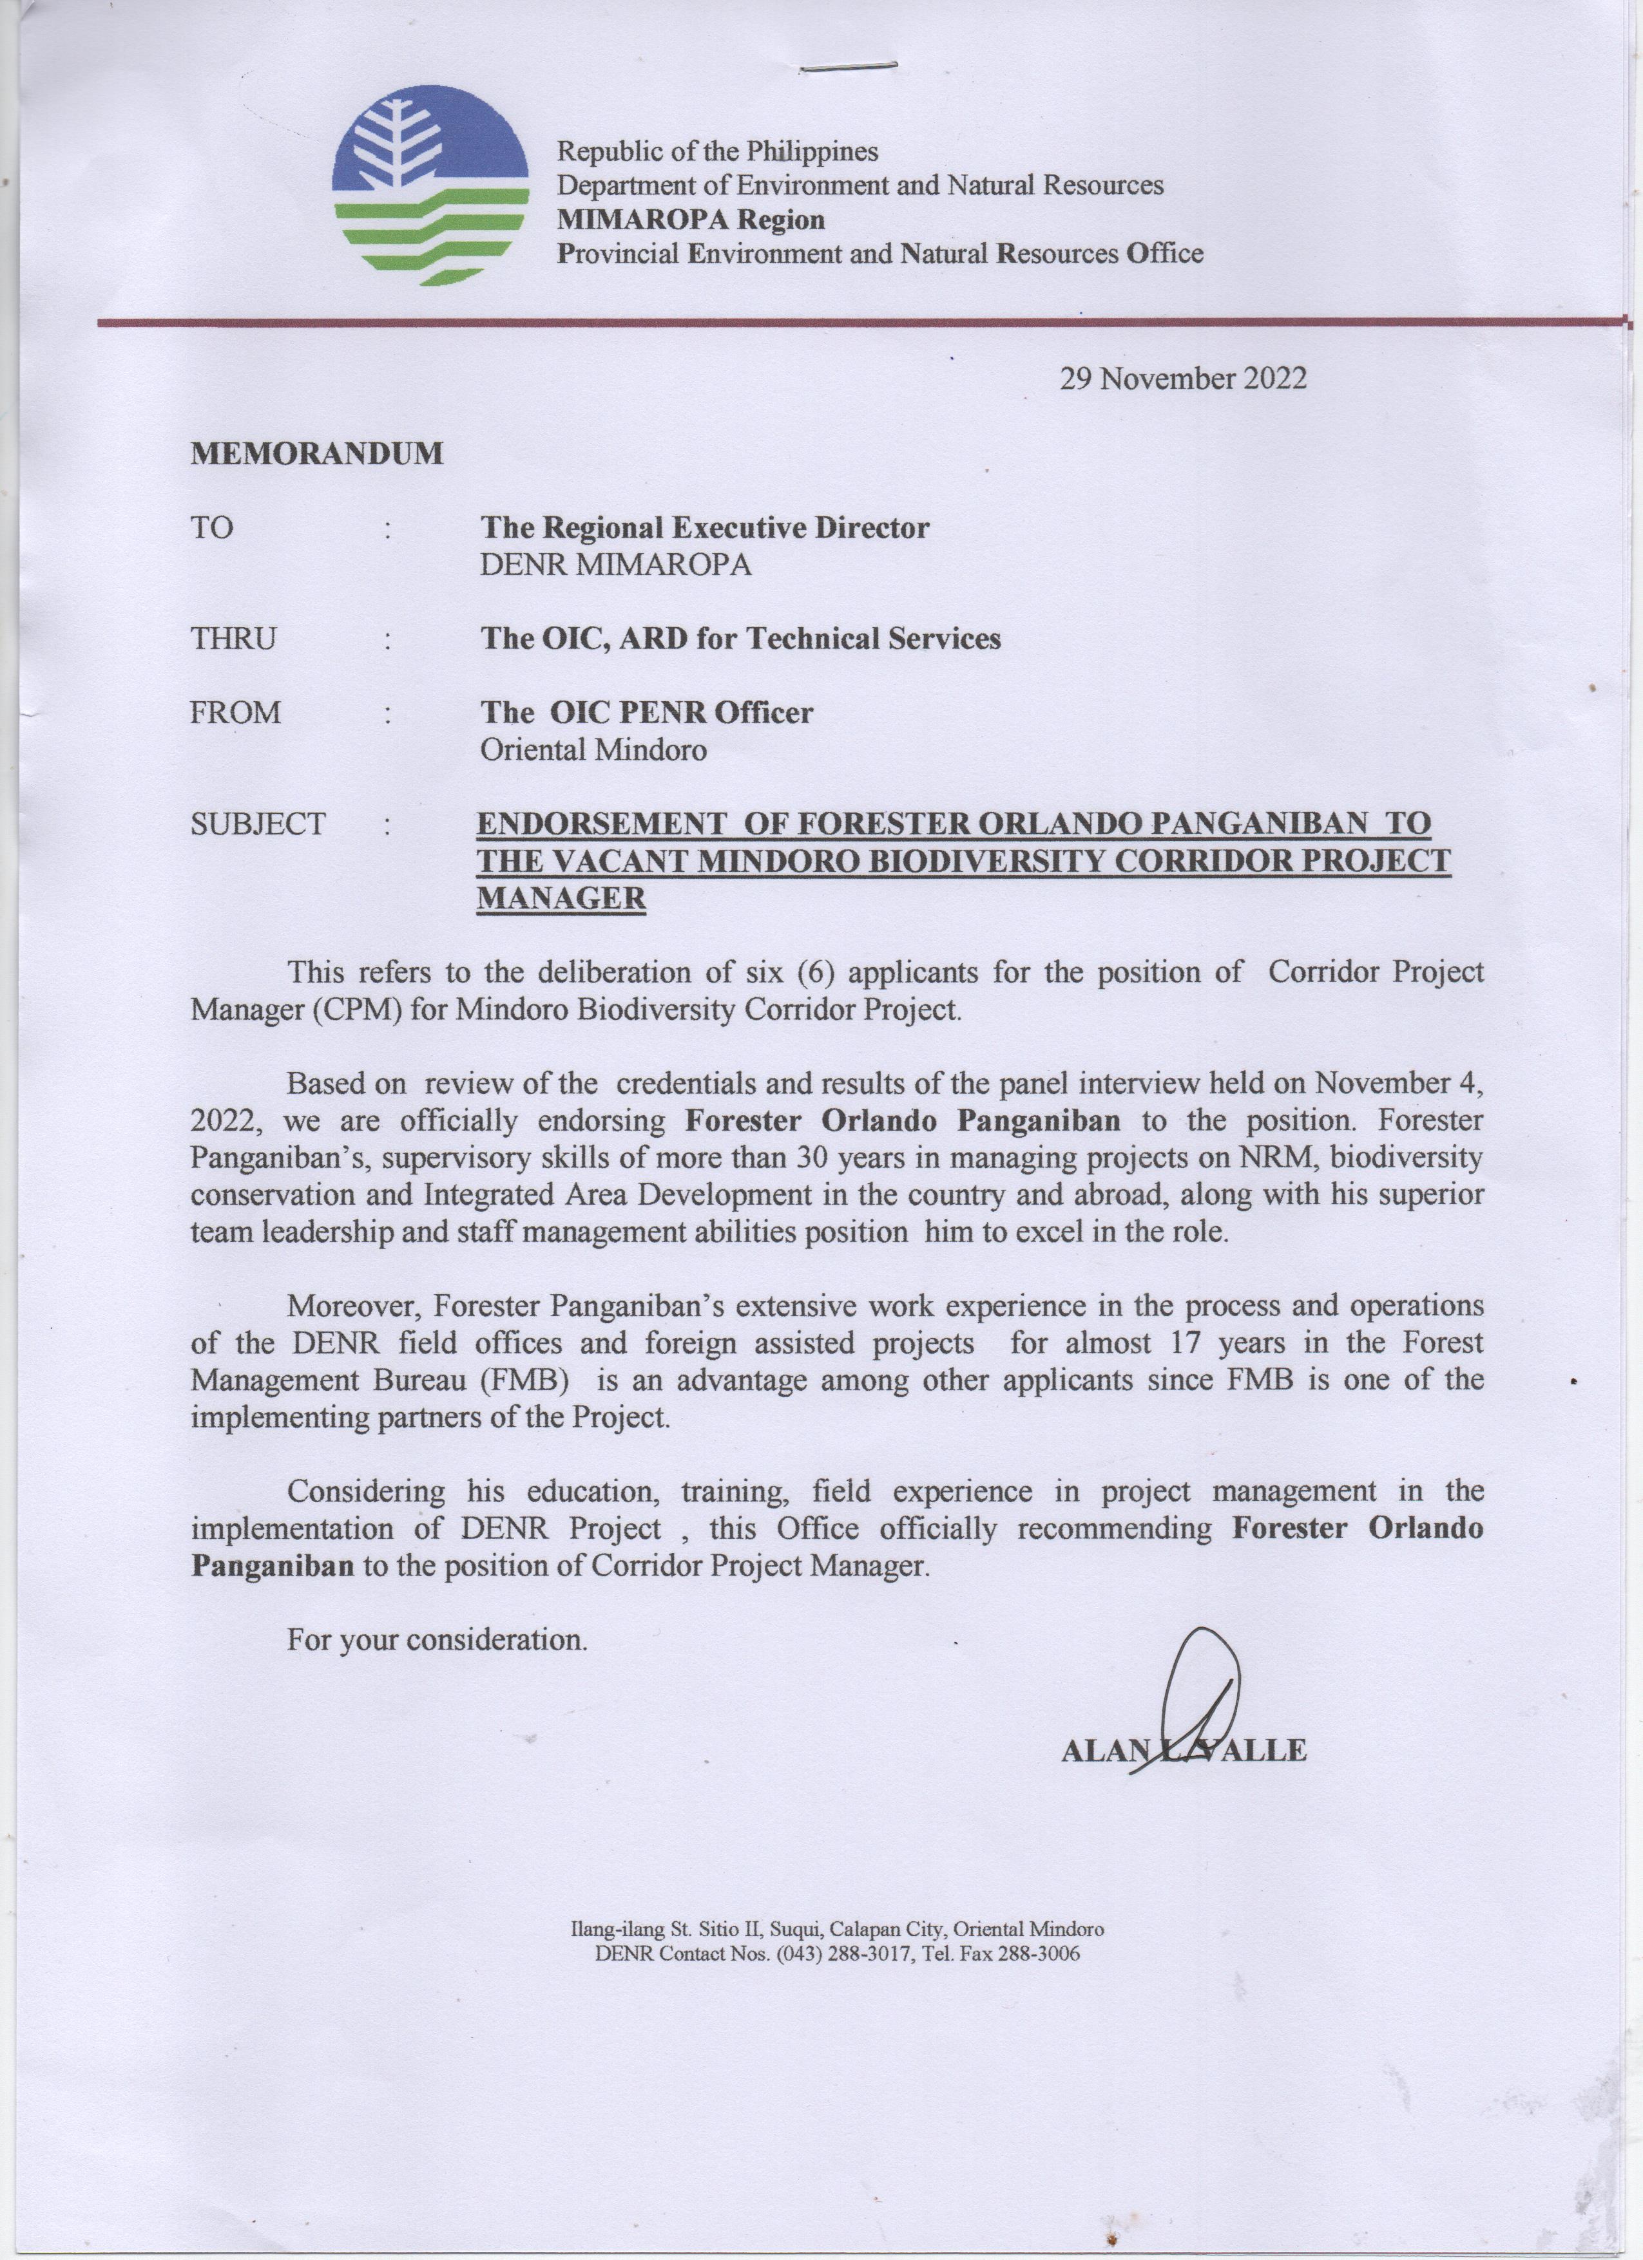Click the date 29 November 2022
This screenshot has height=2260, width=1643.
(1182, 379)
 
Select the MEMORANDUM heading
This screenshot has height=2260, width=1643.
(317, 455)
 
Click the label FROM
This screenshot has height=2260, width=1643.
(236, 713)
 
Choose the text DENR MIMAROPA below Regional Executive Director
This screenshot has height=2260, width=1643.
(615, 565)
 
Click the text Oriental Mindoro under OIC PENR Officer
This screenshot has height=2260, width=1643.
(593, 749)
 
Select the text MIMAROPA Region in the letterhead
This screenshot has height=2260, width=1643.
(690, 219)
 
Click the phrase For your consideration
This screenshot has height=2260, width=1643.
(437, 1639)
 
